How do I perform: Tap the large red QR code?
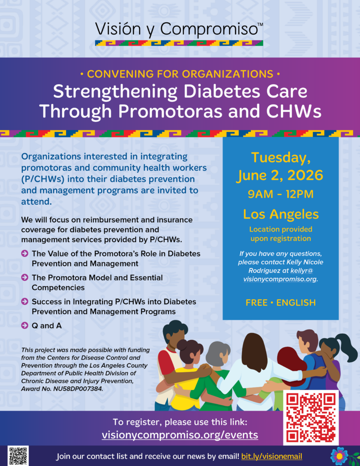[x=311, y=418]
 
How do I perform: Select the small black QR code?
[x=18, y=456]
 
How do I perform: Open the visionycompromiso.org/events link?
[x=180, y=435]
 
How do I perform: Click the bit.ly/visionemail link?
[x=272, y=456]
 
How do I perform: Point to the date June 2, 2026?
[x=280, y=175]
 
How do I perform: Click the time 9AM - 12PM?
[x=281, y=194]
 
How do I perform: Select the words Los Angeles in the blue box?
[x=281, y=214]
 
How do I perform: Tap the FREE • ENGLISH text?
[x=281, y=303]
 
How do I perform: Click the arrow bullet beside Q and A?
[x=25, y=325]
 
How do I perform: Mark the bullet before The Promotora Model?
[x=25, y=277]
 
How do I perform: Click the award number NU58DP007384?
[x=78, y=389]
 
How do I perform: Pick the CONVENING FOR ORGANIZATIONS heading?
[x=180, y=74]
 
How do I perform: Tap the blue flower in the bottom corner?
[x=340, y=456]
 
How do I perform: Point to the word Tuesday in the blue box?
[x=281, y=158]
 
